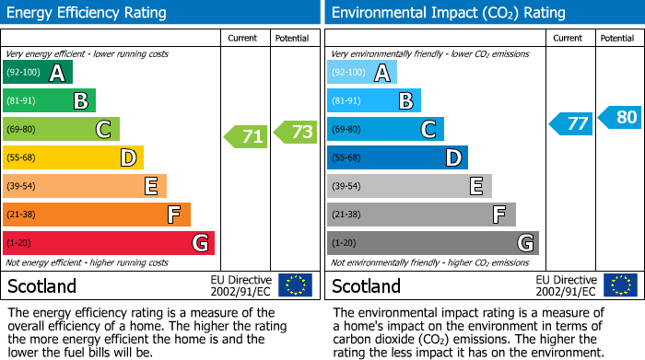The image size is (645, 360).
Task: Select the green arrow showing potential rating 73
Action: coord(295,132)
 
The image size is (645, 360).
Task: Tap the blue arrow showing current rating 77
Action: coord(571,123)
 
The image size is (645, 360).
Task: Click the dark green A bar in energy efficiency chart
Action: coord(38,73)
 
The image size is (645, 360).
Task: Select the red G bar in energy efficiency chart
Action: coord(109,243)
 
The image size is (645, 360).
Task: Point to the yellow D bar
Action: coord(74,157)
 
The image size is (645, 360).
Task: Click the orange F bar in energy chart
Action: coord(97,215)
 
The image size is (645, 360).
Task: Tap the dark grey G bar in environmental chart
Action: coord(433,243)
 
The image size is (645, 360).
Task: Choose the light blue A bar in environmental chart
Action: coord(362,73)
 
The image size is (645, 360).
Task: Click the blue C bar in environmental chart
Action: coord(386,129)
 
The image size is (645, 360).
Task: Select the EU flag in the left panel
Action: coord(295,285)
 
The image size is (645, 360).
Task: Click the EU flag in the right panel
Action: coord(621,285)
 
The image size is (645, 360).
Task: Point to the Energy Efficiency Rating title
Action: coord(88,13)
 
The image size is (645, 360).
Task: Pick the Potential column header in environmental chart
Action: coord(617,38)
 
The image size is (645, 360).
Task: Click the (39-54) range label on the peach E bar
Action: coord(21,186)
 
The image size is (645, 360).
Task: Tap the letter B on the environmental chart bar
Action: coord(405,101)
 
